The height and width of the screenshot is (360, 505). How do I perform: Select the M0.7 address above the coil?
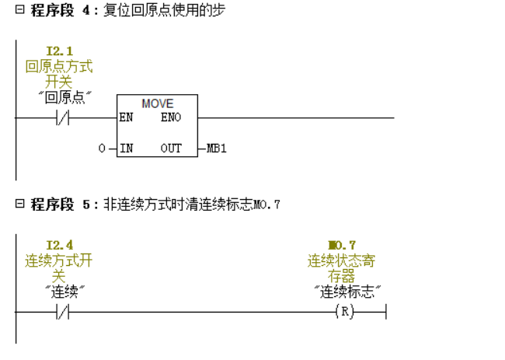pos(342,246)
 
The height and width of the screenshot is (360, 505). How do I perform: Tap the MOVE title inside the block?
pos(157,103)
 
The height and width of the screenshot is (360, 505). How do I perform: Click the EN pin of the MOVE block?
pos(125,118)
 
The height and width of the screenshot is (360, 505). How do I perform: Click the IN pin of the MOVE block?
pos(126,148)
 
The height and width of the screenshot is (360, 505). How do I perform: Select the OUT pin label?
pos(171,148)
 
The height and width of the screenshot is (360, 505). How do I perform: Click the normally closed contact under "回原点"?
pos(61,118)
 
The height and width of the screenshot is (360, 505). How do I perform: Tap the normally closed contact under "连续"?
pos(61,313)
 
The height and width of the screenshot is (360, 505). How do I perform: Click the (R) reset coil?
pos(343,313)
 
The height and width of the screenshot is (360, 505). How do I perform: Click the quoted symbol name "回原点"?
pos(66,98)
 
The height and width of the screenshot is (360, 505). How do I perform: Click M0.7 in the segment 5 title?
pos(266,205)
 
